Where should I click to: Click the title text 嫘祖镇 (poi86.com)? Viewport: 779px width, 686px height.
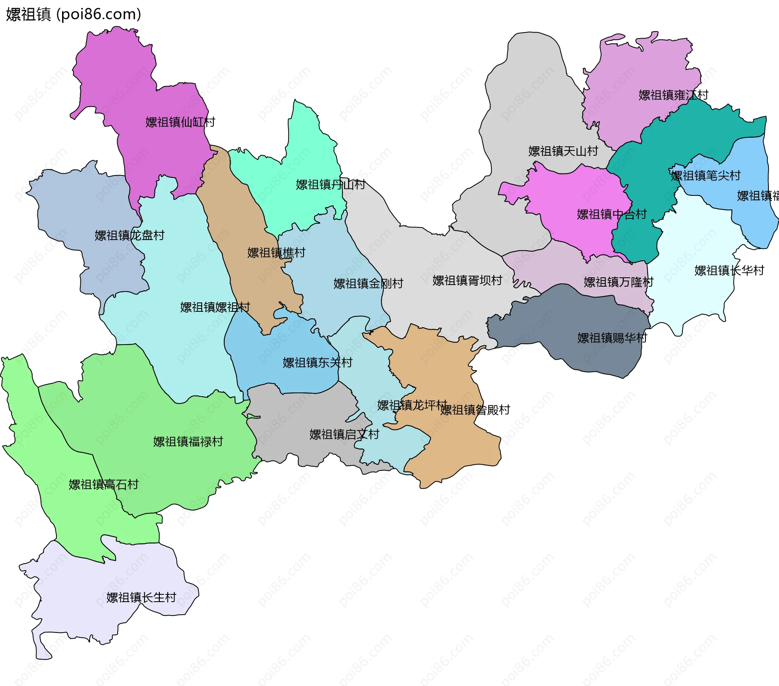[x=73, y=15]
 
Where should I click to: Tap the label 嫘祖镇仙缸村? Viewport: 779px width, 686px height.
[x=180, y=122]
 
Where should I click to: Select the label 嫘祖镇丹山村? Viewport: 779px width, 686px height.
[x=330, y=185]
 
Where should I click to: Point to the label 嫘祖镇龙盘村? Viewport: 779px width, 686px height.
[x=129, y=236]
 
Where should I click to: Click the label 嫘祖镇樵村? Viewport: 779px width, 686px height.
[x=276, y=253]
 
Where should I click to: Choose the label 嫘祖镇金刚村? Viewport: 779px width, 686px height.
[x=368, y=284]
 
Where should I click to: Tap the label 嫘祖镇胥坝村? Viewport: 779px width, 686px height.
[x=467, y=281]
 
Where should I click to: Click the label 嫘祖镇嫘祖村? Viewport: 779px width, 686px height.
[x=215, y=307]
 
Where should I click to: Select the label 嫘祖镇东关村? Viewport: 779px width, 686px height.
[x=318, y=363]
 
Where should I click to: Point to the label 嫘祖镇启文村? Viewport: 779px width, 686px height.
[x=344, y=435]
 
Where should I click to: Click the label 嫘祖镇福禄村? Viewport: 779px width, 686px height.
[x=188, y=442]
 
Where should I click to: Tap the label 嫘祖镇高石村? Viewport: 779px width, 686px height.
[x=103, y=484]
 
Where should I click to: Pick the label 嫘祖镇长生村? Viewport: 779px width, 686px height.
[x=141, y=598]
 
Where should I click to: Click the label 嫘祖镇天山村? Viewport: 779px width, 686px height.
[x=563, y=151]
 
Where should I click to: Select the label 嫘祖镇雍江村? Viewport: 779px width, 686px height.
[x=674, y=95]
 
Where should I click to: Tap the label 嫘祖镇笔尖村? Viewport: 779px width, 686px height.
[x=706, y=176]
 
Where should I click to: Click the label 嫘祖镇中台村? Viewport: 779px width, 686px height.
[x=611, y=214]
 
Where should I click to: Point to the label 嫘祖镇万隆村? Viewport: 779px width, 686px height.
[x=619, y=282]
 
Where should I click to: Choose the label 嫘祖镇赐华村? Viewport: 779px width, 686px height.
[x=612, y=338]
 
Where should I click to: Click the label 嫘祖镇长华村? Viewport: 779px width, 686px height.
[x=729, y=270]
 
